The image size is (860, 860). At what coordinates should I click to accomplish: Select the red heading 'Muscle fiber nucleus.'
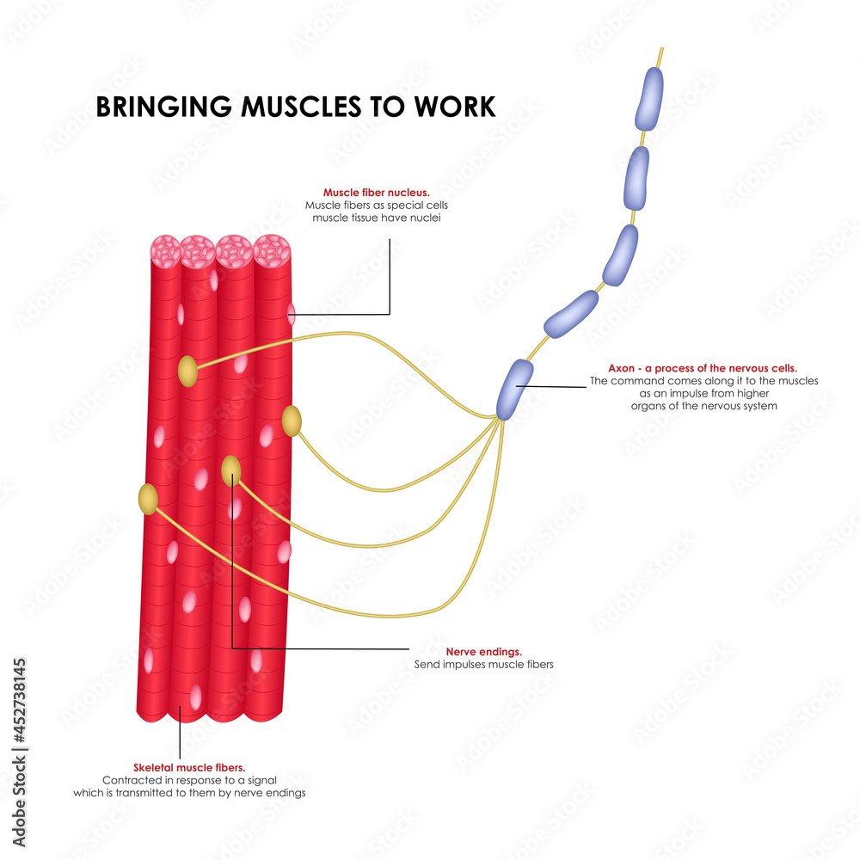click(x=376, y=193)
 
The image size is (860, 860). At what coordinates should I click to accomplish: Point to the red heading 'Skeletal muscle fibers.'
click(x=189, y=767)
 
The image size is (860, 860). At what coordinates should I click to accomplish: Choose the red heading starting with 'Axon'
click(x=703, y=368)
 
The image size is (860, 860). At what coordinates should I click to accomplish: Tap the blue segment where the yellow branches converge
click(x=514, y=389)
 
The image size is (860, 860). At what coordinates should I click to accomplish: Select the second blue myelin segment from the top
click(x=636, y=177)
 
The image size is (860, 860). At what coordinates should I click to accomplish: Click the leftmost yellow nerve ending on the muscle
click(x=149, y=499)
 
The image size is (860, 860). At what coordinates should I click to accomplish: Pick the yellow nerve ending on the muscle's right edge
click(x=292, y=421)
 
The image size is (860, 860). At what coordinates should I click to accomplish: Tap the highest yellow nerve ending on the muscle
click(x=187, y=372)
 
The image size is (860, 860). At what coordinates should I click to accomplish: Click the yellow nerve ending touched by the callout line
click(x=231, y=470)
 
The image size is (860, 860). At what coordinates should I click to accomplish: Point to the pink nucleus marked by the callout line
click(x=291, y=315)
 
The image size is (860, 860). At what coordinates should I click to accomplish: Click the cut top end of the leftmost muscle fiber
click(x=165, y=250)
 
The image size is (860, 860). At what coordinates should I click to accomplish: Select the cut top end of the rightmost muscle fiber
click(x=273, y=250)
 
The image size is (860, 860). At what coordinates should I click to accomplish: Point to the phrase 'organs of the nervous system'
click(x=703, y=406)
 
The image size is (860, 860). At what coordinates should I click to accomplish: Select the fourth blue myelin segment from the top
click(x=570, y=312)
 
